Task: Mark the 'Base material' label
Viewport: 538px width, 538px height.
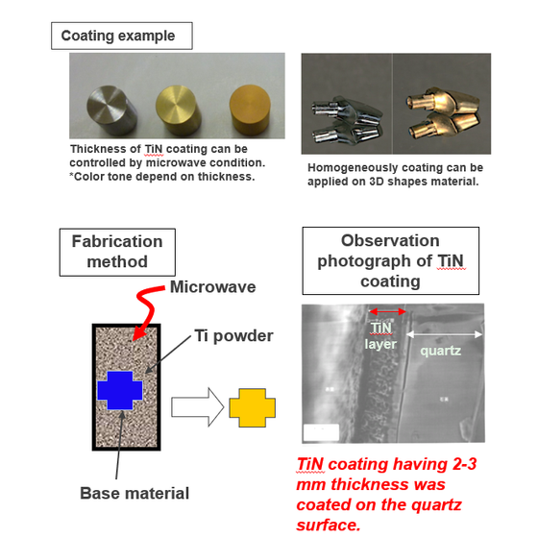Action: [134, 493]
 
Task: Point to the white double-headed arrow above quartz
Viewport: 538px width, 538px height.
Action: [444, 332]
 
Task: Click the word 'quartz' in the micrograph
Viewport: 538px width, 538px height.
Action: [441, 351]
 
